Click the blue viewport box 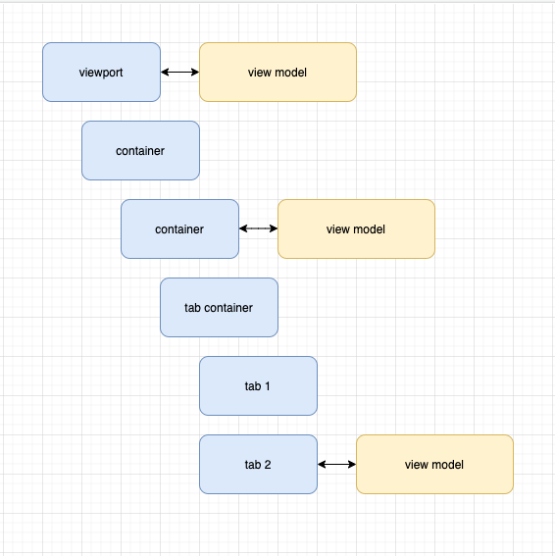(x=101, y=72)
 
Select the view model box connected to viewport (x=277, y=72)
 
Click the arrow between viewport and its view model (x=179, y=72)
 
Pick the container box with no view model (x=140, y=150)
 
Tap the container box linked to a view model (x=179, y=228)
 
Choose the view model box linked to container (x=356, y=228)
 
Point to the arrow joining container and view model (x=258, y=228)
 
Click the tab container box (x=219, y=307)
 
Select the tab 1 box (x=258, y=385)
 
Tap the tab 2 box (x=258, y=464)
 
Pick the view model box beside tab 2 (x=434, y=464)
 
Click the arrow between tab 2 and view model (x=336, y=464)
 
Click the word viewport (x=101, y=72)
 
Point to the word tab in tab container (x=192, y=307)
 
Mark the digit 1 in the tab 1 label (x=267, y=385)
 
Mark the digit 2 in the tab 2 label (x=267, y=464)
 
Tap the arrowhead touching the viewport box (x=165, y=72)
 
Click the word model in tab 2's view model (x=447, y=464)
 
